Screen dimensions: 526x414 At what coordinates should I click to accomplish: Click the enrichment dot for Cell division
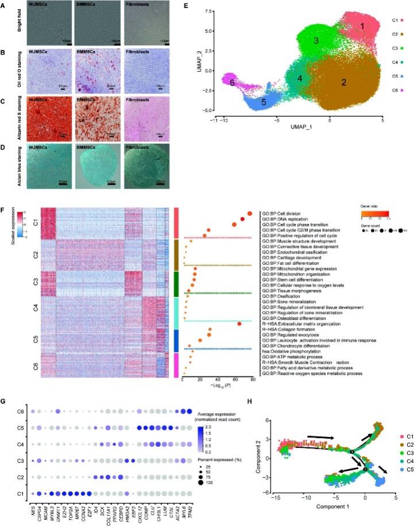coord(250,213)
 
